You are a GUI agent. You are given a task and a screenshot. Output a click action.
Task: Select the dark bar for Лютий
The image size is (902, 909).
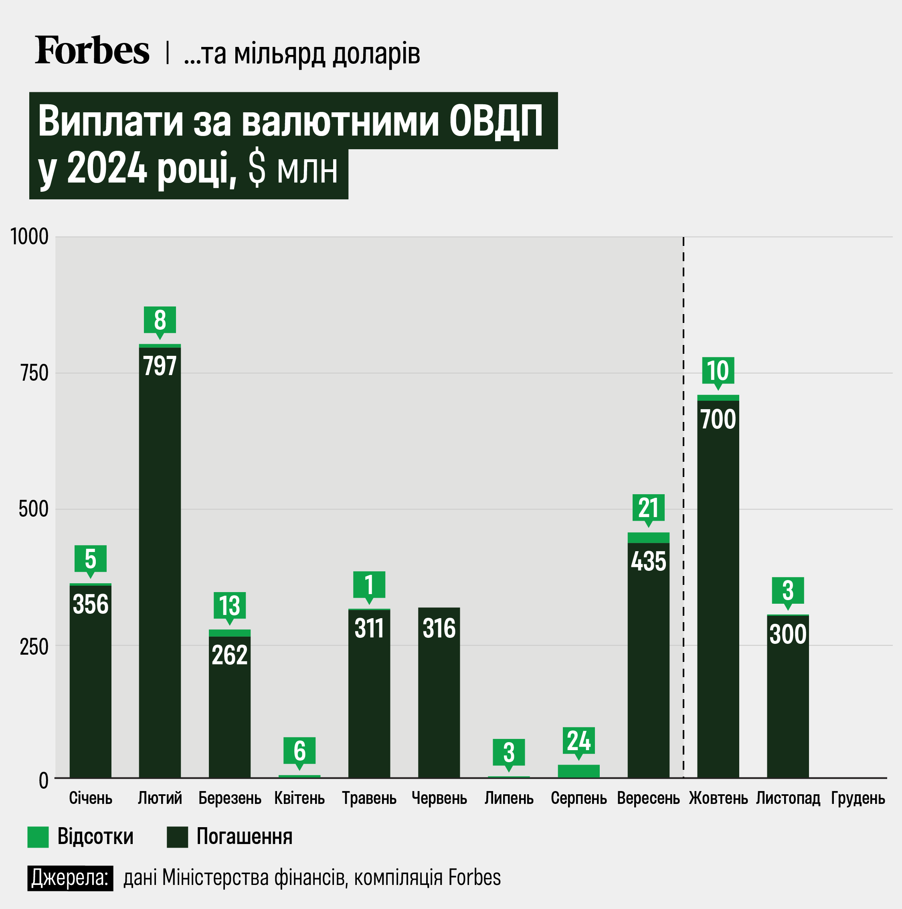[160, 564]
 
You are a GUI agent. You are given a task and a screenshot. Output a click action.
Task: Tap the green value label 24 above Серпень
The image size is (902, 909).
[578, 740]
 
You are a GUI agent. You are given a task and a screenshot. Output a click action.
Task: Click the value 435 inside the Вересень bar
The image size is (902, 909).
[648, 561]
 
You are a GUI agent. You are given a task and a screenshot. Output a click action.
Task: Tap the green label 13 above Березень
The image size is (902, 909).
[229, 605]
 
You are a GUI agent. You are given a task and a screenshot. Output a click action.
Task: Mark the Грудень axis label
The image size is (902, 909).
[858, 798]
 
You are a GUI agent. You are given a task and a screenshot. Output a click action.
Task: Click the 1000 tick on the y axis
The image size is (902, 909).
[30, 237]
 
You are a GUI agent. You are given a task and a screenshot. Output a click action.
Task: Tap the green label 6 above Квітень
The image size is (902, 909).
[299, 751]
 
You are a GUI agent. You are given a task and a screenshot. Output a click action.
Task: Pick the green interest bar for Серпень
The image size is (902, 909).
[578, 771]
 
